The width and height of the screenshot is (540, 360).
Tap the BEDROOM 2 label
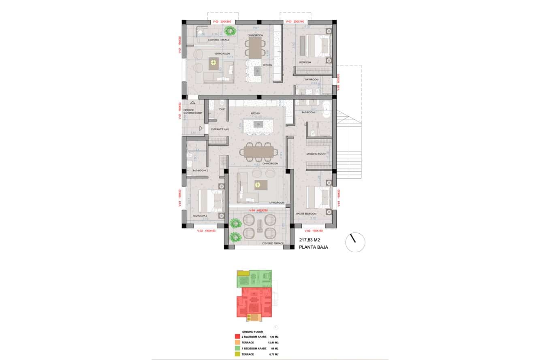click(x=200, y=215)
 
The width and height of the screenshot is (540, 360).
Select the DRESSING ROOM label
click(x=316, y=154)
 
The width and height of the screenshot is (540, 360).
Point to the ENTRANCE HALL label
click(x=221, y=129)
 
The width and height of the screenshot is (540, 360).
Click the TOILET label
click(x=222, y=109)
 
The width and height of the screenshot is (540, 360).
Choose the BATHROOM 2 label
click(x=200, y=170)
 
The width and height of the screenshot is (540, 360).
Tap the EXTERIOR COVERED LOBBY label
click(x=192, y=111)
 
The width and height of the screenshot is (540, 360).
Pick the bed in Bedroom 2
click(x=211, y=200)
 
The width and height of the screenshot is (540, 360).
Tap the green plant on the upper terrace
click(x=230, y=31)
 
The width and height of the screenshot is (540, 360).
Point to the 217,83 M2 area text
click(x=309, y=240)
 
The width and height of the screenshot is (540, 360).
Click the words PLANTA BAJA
click(x=313, y=247)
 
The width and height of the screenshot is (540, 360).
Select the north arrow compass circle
click(x=355, y=243)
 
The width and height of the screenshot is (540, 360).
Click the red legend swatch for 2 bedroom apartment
click(x=237, y=336)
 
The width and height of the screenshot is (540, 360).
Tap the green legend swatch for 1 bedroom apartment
click(x=237, y=348)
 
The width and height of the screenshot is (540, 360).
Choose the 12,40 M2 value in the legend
click(x=273, y=342)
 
